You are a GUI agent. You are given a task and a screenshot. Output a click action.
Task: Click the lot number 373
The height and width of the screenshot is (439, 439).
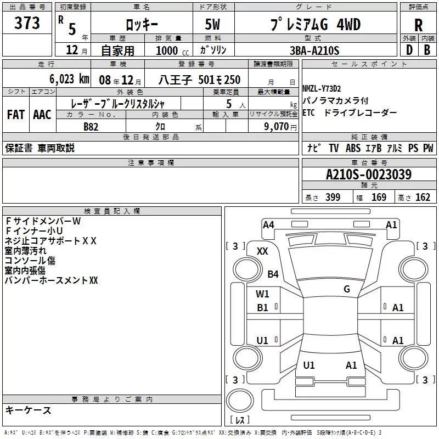pos(27,23)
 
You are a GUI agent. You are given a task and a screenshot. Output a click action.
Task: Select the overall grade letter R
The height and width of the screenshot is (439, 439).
pos(418,25)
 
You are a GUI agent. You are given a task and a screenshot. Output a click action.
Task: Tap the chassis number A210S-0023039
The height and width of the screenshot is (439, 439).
pos(368,175)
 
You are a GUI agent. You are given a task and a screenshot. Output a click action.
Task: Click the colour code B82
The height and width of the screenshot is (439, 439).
pos(91,126)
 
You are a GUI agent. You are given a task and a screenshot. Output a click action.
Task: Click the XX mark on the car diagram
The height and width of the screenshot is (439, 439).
pos(262,251)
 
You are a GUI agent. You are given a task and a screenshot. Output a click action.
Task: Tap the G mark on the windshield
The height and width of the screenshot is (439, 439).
pos(346,289)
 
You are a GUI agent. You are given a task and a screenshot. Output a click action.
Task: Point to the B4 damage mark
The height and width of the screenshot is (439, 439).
pos(273,274)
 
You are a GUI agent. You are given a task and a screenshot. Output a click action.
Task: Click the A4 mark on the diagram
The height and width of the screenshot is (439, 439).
pos(268,224)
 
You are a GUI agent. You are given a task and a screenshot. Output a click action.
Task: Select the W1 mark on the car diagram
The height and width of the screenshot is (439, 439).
pos(262,294)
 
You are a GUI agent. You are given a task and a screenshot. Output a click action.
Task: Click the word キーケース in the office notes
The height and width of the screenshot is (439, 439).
pos(29,410)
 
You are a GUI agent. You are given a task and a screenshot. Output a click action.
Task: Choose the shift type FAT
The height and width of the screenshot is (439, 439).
pos(15,114)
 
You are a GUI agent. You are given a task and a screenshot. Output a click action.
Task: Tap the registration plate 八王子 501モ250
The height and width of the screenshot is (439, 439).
pos(200,80)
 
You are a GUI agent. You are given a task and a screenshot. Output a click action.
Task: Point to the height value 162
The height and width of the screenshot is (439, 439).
pos(423,198)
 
